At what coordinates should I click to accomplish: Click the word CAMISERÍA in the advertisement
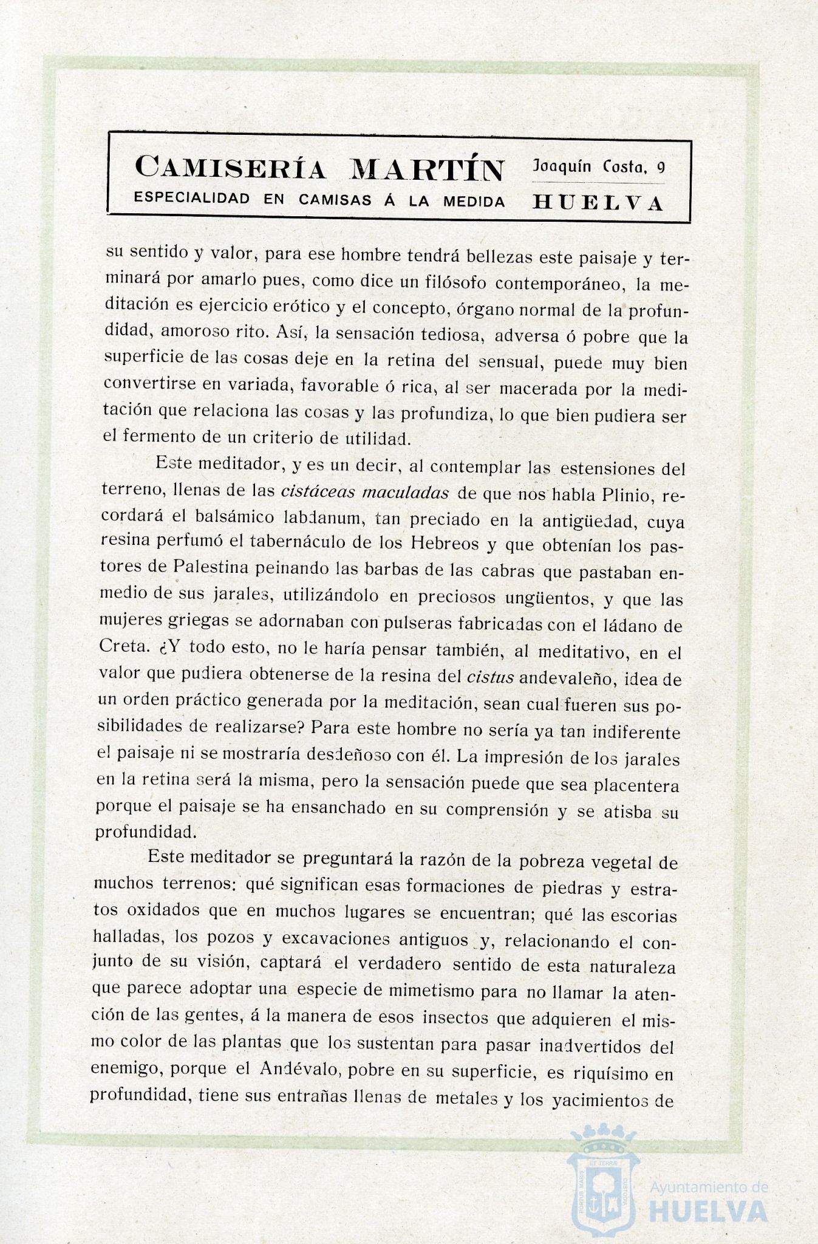tap(230, 169)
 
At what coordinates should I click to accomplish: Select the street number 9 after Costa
tap(661, 168)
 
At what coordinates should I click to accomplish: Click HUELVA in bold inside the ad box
tap(598, 203)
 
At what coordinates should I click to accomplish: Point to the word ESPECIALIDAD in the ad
tap(192, 199)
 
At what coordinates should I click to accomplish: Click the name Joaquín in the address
tap(562, 165)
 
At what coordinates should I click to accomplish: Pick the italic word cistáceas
tap(318, 492)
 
